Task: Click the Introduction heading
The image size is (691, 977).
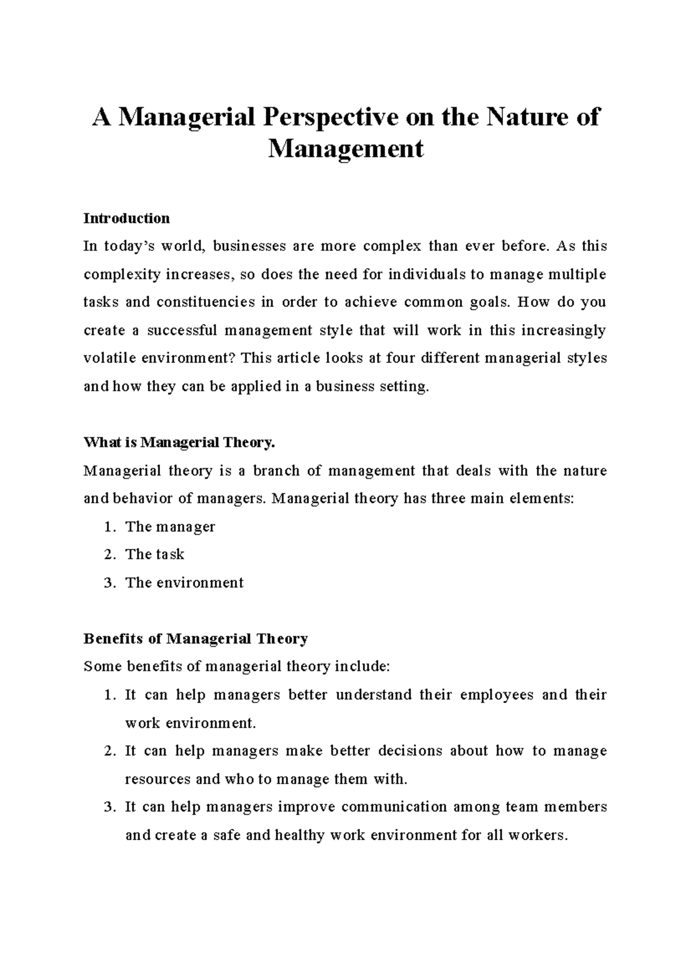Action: point(127,219)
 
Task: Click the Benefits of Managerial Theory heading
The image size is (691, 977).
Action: point(196,639)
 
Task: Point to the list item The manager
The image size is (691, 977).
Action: point(170,527)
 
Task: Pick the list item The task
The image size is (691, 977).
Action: point(154,555)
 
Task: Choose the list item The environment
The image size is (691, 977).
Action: point(184,583)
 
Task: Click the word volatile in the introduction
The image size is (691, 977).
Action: point(110,358)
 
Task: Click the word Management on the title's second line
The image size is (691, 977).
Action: point(345,149)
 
